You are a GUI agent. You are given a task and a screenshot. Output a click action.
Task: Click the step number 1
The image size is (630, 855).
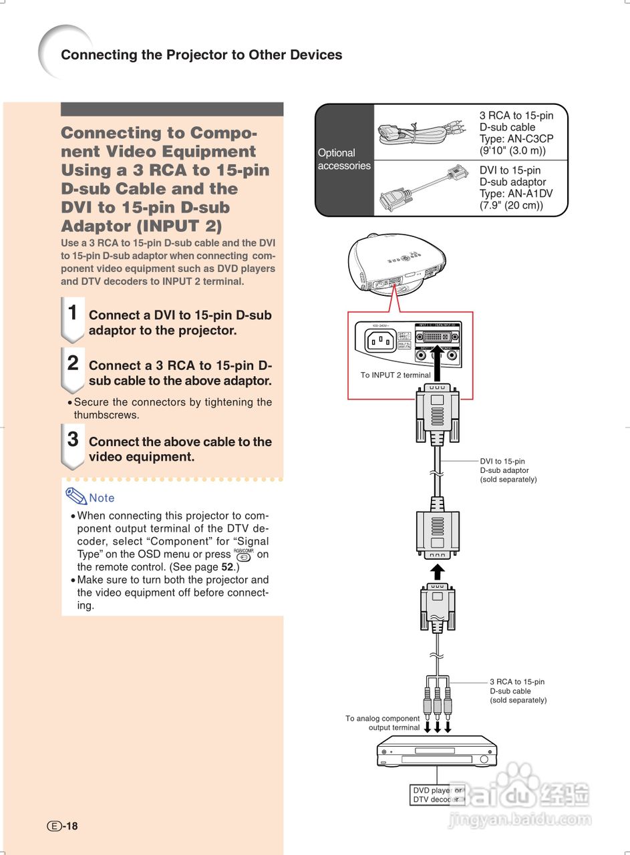pyautogui.click(x=73, y=313)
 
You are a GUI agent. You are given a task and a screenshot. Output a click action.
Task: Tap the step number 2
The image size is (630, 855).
pyautogui.click(x=73, y=363)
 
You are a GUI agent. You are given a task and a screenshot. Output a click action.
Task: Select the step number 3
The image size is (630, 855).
pyautogui.click(x=73, y=440)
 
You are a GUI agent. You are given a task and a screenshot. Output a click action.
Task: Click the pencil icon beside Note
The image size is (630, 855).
pyautogui.click(x=75, y=496)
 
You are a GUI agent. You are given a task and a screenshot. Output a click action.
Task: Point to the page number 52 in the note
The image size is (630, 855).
pyautogui.click(x=227, y=567)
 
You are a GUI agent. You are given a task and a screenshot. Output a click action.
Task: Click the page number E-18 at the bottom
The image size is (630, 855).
pyautogui.click(x=62, y=826)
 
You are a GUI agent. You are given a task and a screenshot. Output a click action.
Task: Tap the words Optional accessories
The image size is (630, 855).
pyautogui.click(x=343, y=159)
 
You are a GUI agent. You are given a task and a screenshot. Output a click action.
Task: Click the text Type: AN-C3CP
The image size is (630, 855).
pyautogui.click(x=516, y=139)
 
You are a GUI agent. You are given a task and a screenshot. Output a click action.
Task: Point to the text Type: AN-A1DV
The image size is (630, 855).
pyautogui.click(x=516, y=194)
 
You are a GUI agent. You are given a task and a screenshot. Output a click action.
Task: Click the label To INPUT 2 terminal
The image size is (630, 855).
pyautogui.click(x=396, y=375)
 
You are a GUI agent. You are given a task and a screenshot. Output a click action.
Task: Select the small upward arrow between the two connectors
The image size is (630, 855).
pyautogui.click(x=437, y=572)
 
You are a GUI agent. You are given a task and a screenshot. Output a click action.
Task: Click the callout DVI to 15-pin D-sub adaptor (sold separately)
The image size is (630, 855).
pyautogui.click(x=508, y=470)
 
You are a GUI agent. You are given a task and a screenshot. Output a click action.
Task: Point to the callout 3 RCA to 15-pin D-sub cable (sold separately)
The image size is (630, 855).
pyautogui.click(x=518, y=691)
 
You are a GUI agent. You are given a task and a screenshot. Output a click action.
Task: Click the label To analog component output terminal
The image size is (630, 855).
pyautogui.click(x=383, y=723)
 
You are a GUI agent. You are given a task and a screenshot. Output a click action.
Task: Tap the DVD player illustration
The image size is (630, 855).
pyautogui.click(x=437, y=752)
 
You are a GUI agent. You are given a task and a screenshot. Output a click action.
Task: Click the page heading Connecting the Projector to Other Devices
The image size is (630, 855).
pyautogui.click(x=201, y=55)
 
